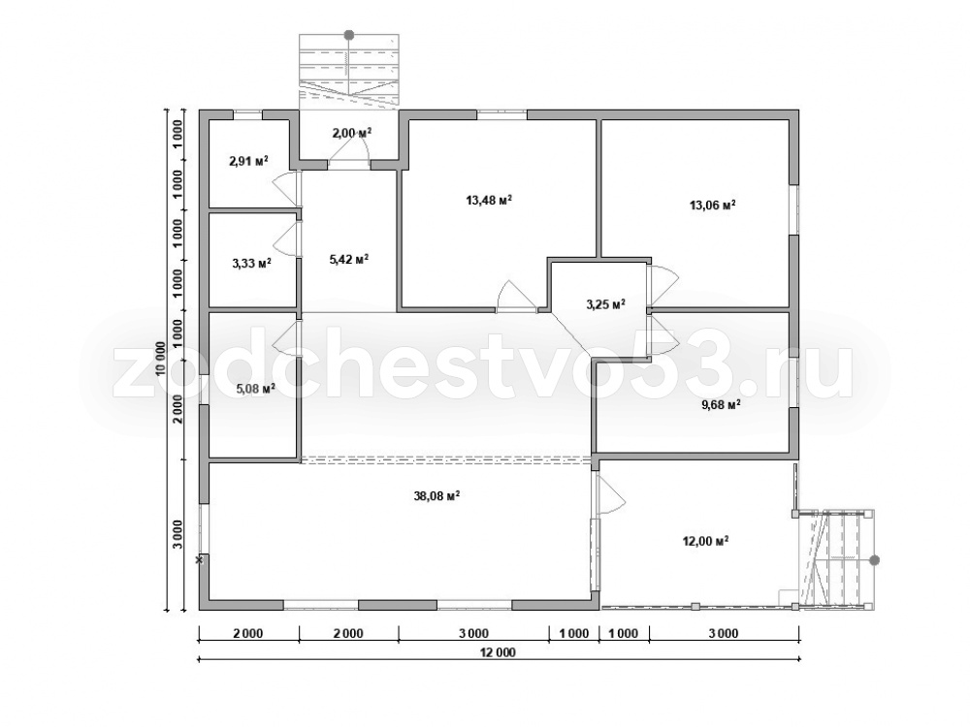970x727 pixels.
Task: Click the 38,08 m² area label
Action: coord(436,495)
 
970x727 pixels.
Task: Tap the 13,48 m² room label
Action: coord(489,200)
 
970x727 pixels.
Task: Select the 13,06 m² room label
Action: coord(713,205)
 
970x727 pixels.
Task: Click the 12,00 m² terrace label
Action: coord(704,541)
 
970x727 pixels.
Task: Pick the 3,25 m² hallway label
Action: coord(605,304)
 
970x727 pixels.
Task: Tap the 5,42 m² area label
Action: coord(349,259)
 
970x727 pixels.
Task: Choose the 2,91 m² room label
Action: coord(248,161)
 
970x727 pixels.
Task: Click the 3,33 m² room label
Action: coord(252,263)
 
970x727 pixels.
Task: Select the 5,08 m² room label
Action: coord(255,389)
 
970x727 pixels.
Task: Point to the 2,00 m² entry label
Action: coord(351,132)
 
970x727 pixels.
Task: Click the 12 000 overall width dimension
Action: coord(497,652)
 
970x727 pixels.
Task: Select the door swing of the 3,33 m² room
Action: coord(285,238)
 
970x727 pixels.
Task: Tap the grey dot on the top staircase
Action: coord(349,35)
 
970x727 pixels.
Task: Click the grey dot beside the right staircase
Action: coord(874,560)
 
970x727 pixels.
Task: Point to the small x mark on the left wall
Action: coord(199,560)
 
